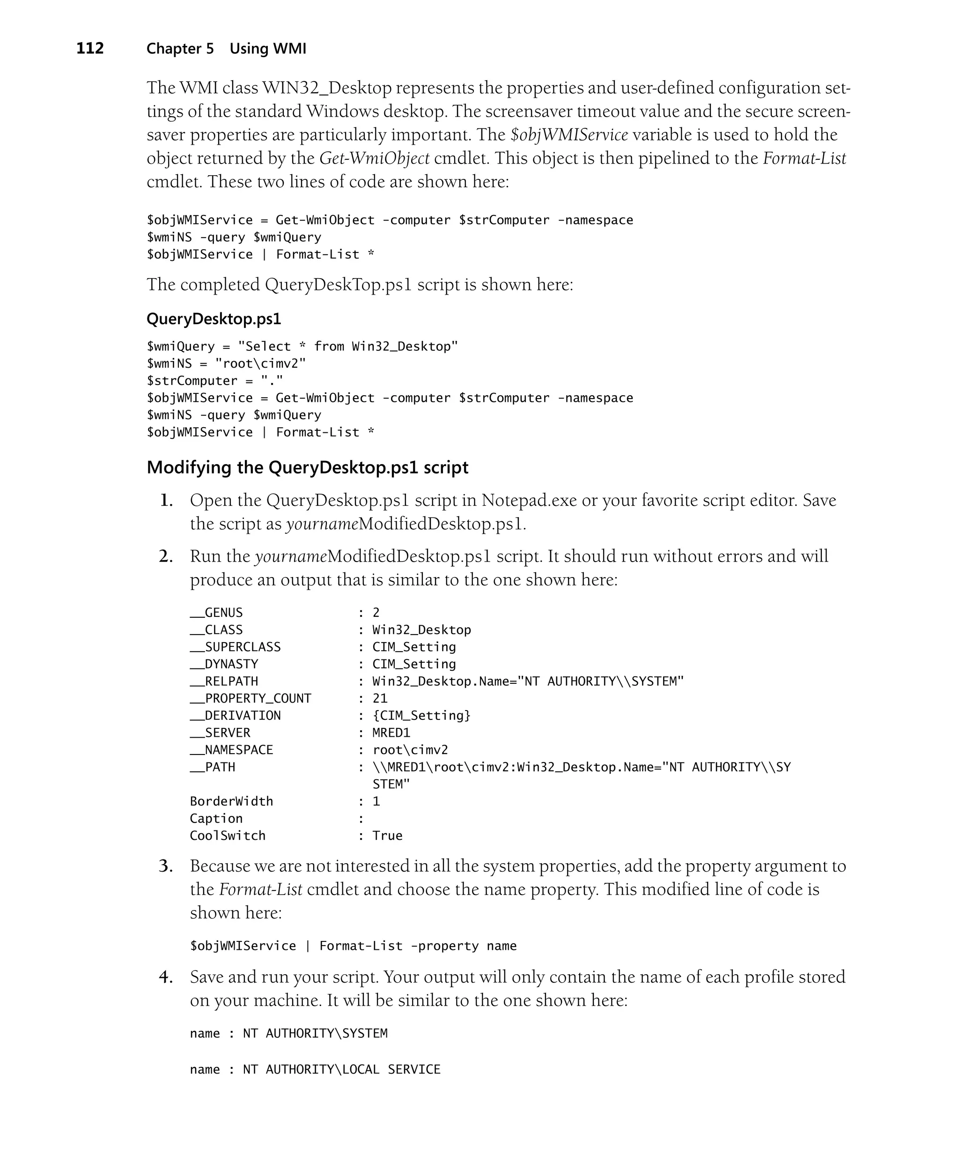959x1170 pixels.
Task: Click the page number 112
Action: point(89,49)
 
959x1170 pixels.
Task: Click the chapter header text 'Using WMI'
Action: point(268,49)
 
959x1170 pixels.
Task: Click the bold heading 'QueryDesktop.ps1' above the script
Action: point(214,319)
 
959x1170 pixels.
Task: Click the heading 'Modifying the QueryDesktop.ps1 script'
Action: point(307,467)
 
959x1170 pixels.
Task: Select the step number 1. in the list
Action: point(166,501)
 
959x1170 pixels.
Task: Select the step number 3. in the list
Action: point(166,866)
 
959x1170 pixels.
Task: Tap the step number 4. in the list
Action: point(166,977)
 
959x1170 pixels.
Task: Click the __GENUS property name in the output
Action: point(216,613)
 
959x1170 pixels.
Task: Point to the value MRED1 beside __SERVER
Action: point(391,733)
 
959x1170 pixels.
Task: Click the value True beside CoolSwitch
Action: point(387,836)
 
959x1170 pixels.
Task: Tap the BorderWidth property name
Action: point(231,801)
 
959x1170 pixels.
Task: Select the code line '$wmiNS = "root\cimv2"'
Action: point(226,363)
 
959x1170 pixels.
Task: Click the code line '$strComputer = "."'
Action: point(215,381)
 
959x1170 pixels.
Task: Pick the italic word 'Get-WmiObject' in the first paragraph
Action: point(374,158)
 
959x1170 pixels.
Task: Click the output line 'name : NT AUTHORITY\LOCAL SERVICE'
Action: point(315,1069)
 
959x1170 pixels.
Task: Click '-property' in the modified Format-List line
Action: point(445,946)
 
